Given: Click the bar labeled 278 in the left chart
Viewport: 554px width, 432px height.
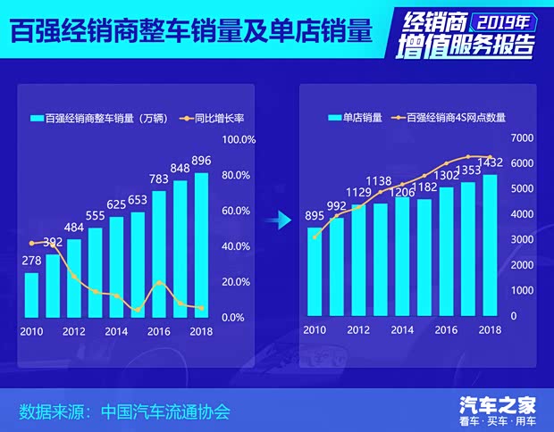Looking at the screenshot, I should click(31, 294).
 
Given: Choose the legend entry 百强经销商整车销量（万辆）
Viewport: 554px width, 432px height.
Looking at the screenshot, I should click(98, 118).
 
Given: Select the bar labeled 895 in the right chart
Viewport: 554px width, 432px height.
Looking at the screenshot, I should click(314, 271).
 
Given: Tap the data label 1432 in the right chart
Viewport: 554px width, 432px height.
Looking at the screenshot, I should click(491, 162).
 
